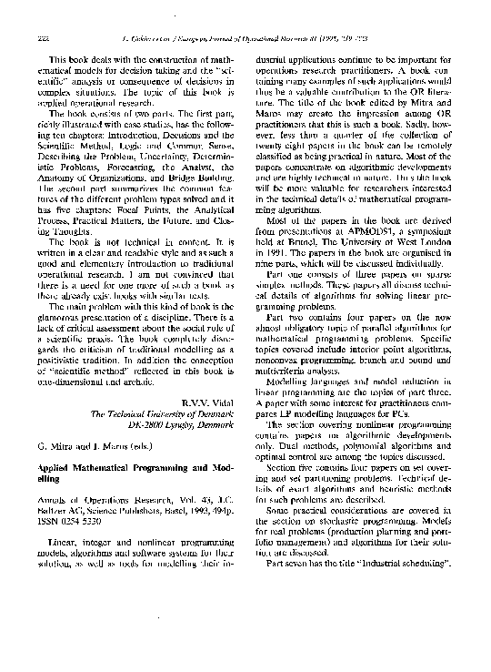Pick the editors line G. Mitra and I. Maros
[x=89, y=447]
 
